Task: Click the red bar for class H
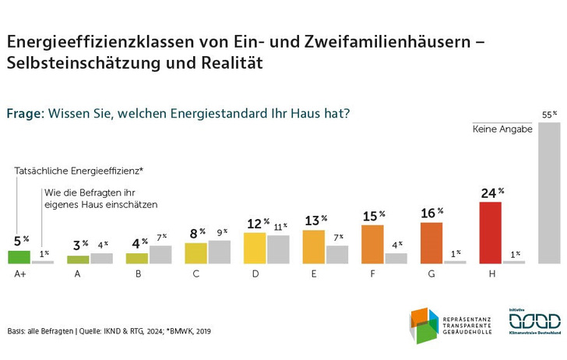click(491, 232)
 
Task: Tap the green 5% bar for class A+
click(19, 256)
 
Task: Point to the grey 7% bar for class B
click(160, 254)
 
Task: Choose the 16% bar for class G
click(431, 242)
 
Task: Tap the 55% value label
click(549, 115)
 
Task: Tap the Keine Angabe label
click(502, 130)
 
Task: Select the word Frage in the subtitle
click(25, 113)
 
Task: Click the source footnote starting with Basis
click(110, 331)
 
